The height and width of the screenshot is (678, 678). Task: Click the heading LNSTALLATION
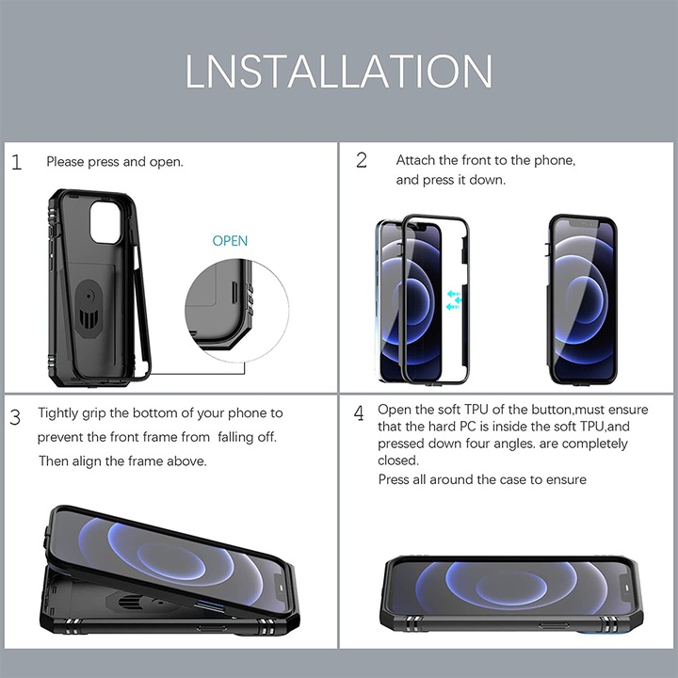(339, 72)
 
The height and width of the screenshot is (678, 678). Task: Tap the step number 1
(16, 162)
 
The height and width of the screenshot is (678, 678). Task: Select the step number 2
(362, 160)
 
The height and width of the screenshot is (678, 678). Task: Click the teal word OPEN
(230, 240)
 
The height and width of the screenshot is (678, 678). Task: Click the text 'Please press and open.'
(115, 162)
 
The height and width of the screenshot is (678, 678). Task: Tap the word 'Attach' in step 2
(415, 160)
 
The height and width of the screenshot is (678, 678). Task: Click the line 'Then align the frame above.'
(122, 461)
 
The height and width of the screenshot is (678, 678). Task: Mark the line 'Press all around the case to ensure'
(482, 479)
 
